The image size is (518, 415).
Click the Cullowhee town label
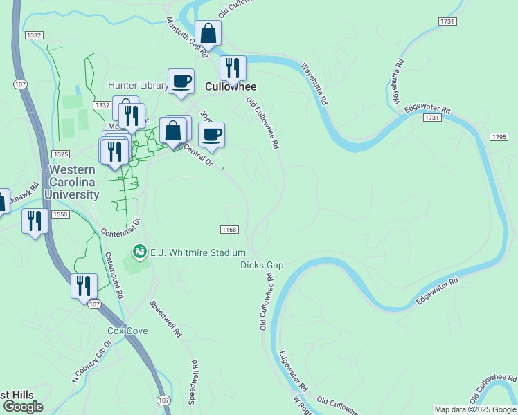click(x=231, y=87)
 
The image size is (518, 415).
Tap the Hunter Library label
click(x=138, y=86)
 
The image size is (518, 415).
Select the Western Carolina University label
click(x=71, y=182)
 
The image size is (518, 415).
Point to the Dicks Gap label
click(x=262, y=265)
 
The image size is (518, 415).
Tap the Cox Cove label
click(x=127, y=331)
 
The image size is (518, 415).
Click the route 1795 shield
click(x=499, y=138)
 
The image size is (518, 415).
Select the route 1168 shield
click(x=229, y=229)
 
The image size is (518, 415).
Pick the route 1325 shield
click(x=60, y=154)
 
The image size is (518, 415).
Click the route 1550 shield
click(x=60, y=214)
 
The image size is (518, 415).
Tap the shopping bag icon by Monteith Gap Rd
click(x=207, y=33)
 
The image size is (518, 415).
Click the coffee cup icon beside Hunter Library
click(x=181, y=80)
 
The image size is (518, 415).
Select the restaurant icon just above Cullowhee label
click(x=233, y=68)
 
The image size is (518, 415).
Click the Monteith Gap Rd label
click(x=187, y=37)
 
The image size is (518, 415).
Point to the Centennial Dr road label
click(x=120, y=228)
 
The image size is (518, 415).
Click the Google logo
click(x=23, y=407)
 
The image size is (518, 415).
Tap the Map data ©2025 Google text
click(x=475, y=409)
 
